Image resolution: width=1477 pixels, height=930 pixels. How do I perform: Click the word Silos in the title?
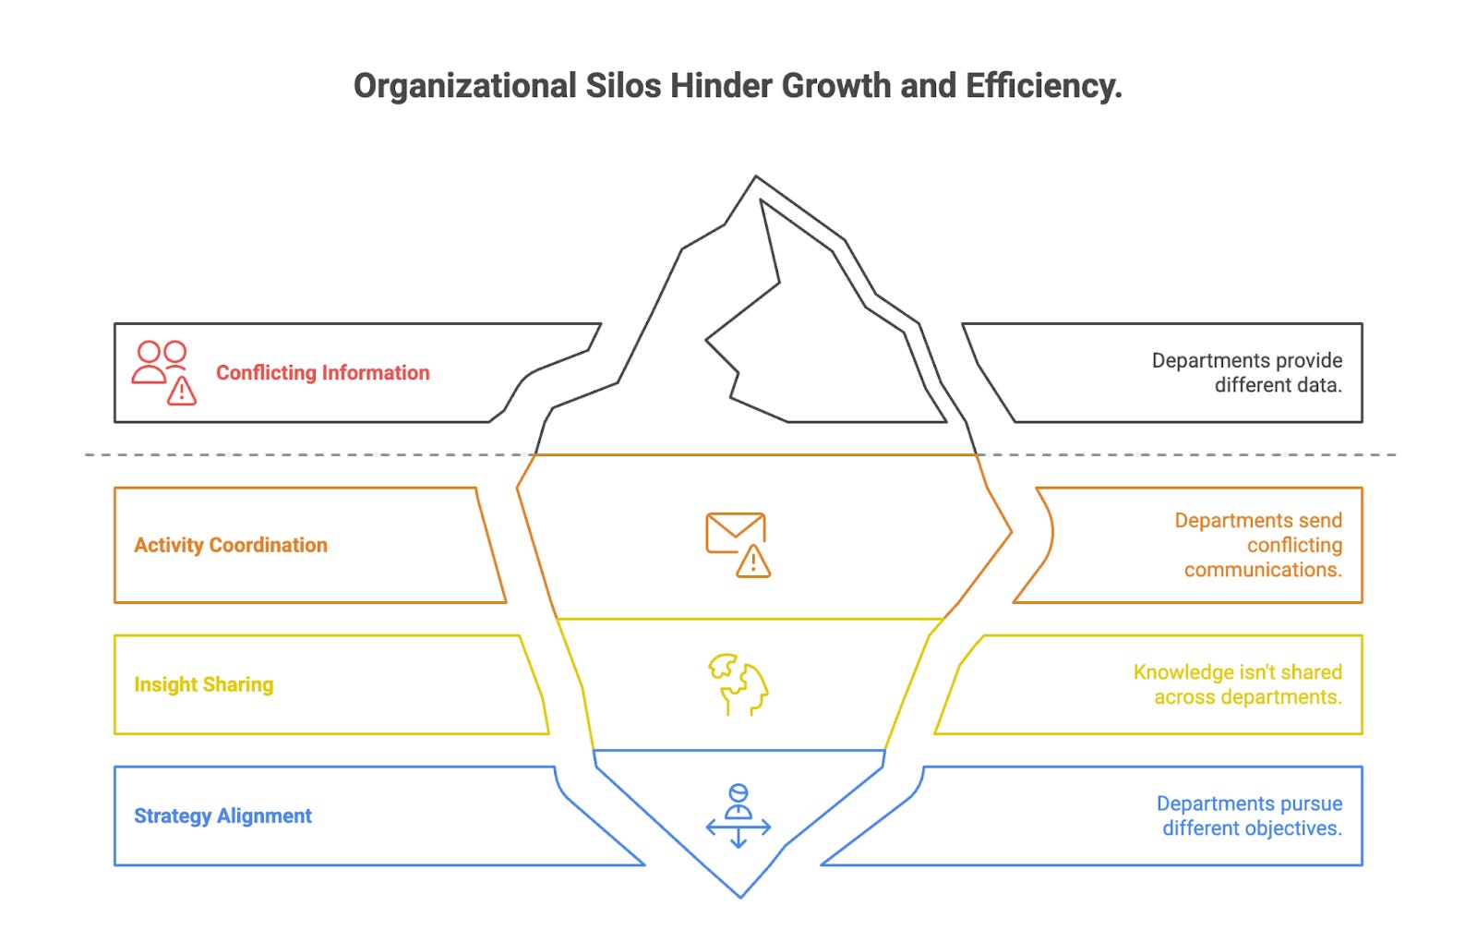coord(623,86)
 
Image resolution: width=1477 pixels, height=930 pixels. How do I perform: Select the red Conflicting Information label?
coord(322,372)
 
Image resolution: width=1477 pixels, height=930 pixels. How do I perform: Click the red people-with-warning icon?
coord(164,372)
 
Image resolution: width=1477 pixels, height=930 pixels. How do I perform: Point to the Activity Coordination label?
coord(231,545)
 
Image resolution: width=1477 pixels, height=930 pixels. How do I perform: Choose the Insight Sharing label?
coord(204,684)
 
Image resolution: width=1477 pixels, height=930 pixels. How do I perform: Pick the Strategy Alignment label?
coord(222,815)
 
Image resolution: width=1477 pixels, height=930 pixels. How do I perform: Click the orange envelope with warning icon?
coord(738,545)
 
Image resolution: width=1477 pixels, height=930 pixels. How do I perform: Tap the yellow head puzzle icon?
coord(738,684)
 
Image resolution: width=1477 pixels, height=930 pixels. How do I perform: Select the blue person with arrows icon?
coord(738,815)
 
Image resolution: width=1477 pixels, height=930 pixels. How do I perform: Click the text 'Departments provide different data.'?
coord(1247,372)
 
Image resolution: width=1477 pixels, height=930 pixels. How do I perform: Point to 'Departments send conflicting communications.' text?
coord(1258,545)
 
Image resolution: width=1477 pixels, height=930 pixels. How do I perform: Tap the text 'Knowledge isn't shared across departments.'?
coord(1238,684)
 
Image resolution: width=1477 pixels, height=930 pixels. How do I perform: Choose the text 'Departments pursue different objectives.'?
coord(1250,815)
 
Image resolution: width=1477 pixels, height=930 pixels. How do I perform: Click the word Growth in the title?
coord(836,86)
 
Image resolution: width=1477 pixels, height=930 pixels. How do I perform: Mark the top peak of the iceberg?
coord(756,177)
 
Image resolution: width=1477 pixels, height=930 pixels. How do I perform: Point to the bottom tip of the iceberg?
coord(740,895)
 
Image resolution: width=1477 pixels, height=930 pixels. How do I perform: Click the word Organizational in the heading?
coord(464,86)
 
